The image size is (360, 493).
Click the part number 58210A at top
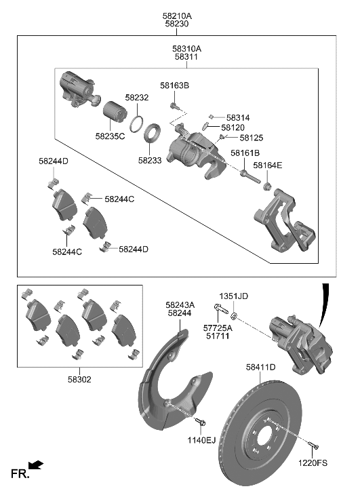177,14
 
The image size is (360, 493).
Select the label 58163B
174,85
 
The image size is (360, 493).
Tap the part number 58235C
110,136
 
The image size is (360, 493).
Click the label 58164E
268,165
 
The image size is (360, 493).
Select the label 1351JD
233,296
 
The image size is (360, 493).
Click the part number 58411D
260,367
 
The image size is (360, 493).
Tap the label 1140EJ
201,440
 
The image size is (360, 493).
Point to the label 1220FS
313,463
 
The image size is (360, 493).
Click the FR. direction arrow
37,466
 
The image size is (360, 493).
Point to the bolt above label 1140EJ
199,423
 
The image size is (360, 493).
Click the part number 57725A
218,328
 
